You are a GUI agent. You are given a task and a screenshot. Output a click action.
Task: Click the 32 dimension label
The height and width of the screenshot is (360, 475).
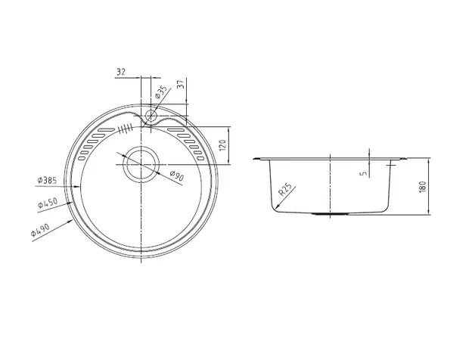tap(121, 72)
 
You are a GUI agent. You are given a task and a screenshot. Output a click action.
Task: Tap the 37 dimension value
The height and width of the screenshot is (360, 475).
tap(181, 84)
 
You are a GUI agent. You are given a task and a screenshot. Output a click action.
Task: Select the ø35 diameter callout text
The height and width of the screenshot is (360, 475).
tap(161, 92)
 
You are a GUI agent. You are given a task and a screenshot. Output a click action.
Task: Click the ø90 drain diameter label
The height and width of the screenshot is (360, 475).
tap(177, 175)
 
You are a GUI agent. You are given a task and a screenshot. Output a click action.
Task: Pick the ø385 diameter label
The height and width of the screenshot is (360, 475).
tap(47, 180)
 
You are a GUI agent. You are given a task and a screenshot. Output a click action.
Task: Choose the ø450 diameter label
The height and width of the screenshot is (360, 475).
tap(48, 203)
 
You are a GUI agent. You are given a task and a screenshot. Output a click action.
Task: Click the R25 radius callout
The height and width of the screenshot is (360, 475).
tap(285, 190)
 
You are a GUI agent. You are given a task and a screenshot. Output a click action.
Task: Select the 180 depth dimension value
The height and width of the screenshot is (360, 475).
tap(423, 186)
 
